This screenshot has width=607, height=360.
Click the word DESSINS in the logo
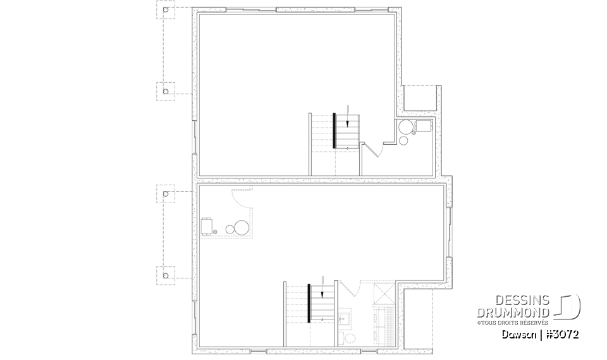525,301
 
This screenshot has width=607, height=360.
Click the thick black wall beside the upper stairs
334,130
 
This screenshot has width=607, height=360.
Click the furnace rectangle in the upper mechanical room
423,126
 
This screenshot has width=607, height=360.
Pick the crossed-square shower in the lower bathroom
383,294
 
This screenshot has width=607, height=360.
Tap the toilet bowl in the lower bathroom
350,338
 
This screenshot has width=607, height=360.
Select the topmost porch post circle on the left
166,11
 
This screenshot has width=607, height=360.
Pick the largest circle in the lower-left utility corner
242,227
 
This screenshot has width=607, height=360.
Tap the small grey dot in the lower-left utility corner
216,233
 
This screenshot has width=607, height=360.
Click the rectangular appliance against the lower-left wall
207,226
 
